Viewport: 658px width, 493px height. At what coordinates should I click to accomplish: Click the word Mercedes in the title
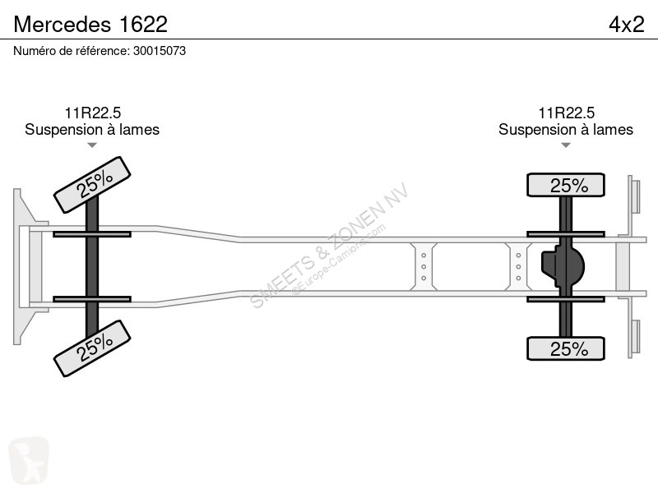point(63,25)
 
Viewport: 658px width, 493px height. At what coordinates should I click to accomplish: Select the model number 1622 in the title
point(143,25)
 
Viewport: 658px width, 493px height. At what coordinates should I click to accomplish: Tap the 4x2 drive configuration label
point(627,25)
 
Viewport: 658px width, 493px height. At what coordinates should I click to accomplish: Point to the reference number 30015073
point(160,51)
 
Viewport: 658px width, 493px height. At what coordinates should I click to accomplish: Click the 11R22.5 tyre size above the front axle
point(92,113)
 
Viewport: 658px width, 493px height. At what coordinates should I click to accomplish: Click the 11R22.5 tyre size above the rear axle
point(566,113)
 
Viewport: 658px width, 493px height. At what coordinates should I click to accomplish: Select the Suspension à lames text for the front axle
point(92,130)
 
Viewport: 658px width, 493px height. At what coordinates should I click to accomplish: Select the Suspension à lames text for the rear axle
point(566,130)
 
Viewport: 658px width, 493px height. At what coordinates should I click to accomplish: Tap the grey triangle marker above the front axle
point(92,145)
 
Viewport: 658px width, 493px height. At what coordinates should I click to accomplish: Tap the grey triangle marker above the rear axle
point(566,145)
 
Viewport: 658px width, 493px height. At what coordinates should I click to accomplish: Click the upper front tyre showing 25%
point(92,184)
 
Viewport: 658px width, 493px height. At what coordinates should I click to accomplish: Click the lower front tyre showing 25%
point(92,348)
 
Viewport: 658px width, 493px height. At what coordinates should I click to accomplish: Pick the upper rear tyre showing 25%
point(566,185)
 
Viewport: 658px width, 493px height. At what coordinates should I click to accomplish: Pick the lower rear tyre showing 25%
point(566,348)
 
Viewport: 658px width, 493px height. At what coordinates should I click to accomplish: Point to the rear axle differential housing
point(563,266)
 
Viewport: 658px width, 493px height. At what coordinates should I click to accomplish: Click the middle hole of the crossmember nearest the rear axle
point(518,266)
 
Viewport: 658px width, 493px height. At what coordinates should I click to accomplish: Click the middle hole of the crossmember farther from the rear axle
point(424,266)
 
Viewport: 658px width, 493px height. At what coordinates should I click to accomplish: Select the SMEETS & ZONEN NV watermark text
point(329,245)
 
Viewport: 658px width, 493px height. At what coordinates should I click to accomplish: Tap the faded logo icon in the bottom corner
point(29,461)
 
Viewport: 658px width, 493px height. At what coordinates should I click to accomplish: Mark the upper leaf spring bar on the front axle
point(92,234)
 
